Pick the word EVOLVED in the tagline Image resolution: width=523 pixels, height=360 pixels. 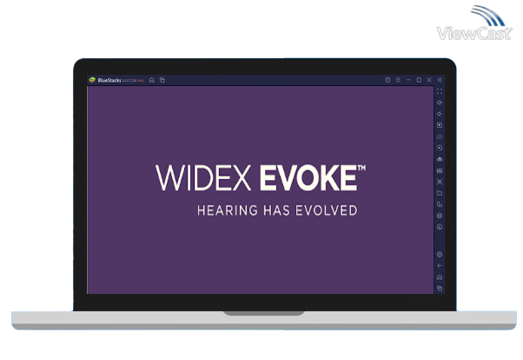(x=329, y=210)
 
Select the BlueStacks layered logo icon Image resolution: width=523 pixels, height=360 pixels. (x=92, y=80)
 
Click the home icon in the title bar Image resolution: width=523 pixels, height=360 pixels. (x=152, y=80)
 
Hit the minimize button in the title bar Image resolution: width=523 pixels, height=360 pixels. (x=408, y=80)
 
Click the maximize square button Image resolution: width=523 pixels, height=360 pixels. (x=419, y=80)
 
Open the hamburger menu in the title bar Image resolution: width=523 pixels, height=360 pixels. (x=398, y=80)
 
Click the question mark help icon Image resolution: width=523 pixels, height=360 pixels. (x=387, y=80)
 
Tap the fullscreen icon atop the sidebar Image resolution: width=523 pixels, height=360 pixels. (x=440, y=91)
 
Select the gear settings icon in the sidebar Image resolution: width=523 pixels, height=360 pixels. (x=440, y=254)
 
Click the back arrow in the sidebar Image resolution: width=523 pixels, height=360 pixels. (x=440, y=265)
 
